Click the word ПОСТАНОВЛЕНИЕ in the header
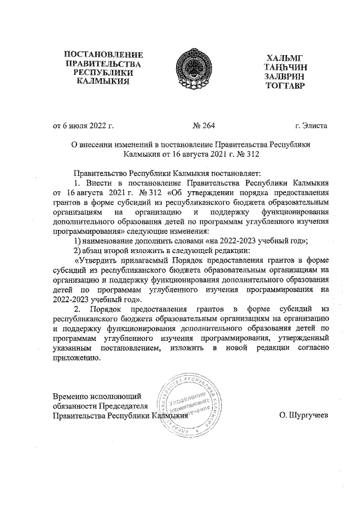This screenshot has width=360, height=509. click(104, 55)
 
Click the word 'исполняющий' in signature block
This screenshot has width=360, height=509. click(118, 397)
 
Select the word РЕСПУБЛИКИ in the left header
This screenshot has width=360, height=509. click(103, 73)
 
